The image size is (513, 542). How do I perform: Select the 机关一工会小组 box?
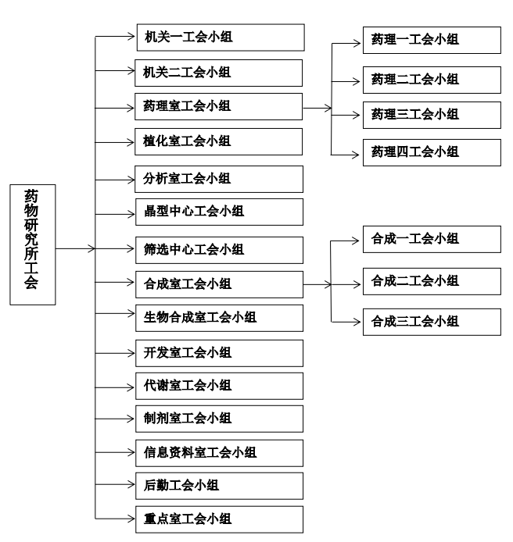pos(220,37)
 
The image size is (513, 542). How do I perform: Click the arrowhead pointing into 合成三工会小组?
pos(357,321)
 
